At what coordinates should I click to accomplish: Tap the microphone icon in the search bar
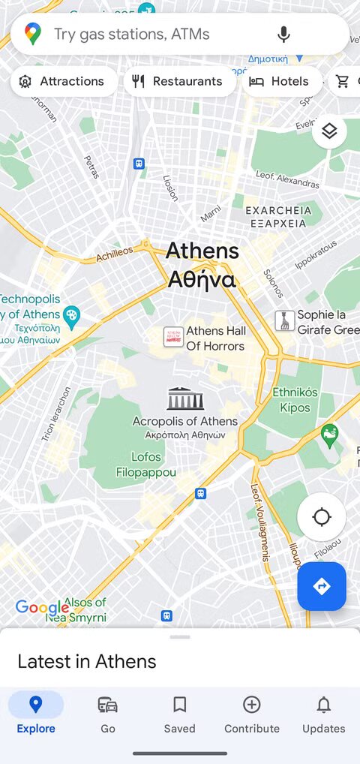(283, 34)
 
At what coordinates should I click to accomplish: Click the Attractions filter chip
(64, 81)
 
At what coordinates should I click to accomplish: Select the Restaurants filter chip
(178, 81)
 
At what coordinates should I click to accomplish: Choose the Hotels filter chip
(279, 81)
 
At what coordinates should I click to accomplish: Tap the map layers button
(329, 131)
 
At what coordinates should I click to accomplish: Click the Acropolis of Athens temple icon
(185, 399)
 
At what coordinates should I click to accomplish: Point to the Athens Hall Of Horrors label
(215, 338)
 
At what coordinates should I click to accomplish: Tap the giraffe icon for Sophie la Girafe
(284, 322)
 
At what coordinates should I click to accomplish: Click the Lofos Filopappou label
(146, 465)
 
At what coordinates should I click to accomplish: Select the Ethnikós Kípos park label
(295, 399)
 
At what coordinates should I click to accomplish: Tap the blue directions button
(322, 586)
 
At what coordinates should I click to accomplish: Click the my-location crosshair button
(322, 517)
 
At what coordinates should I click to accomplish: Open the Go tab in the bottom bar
(108, 714)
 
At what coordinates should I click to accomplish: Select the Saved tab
(180, 714)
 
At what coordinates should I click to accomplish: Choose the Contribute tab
(252, 714)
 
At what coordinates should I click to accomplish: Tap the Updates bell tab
(324, 714)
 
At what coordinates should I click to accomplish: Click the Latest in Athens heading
(87, 661)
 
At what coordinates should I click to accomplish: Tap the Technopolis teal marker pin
(72, 316)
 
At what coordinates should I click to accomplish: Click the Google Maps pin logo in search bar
(33, 34)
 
